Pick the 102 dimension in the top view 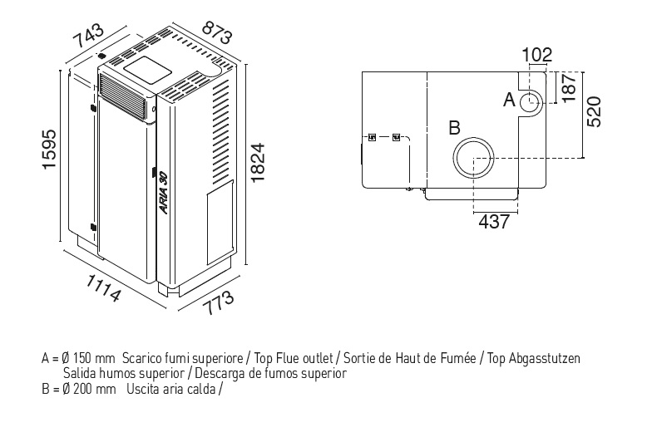tap(537, 56)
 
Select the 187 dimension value tap(568, 86)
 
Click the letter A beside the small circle tap(510, 101)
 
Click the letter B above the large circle tap(454, 128)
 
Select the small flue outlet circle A tap(531, 102)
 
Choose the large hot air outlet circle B tap(474, 158)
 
